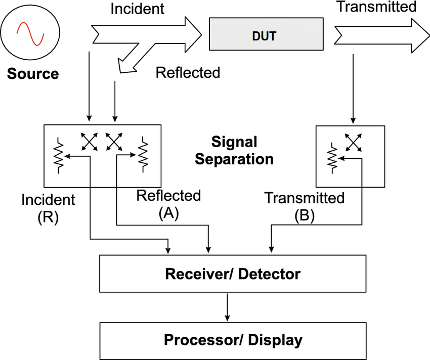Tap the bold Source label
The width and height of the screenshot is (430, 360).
click(33, 74)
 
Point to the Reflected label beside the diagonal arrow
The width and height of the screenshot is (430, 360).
click(188, 72)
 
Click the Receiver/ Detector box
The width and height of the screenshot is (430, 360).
click(233, 274)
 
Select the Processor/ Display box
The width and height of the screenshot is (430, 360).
click(233, 339)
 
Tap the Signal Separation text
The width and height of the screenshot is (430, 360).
click(234, 150)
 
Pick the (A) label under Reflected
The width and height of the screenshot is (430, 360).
click(168, 214)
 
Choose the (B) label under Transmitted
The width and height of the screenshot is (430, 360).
click(305, 216)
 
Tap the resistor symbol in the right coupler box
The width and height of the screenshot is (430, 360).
click(332, 158)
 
